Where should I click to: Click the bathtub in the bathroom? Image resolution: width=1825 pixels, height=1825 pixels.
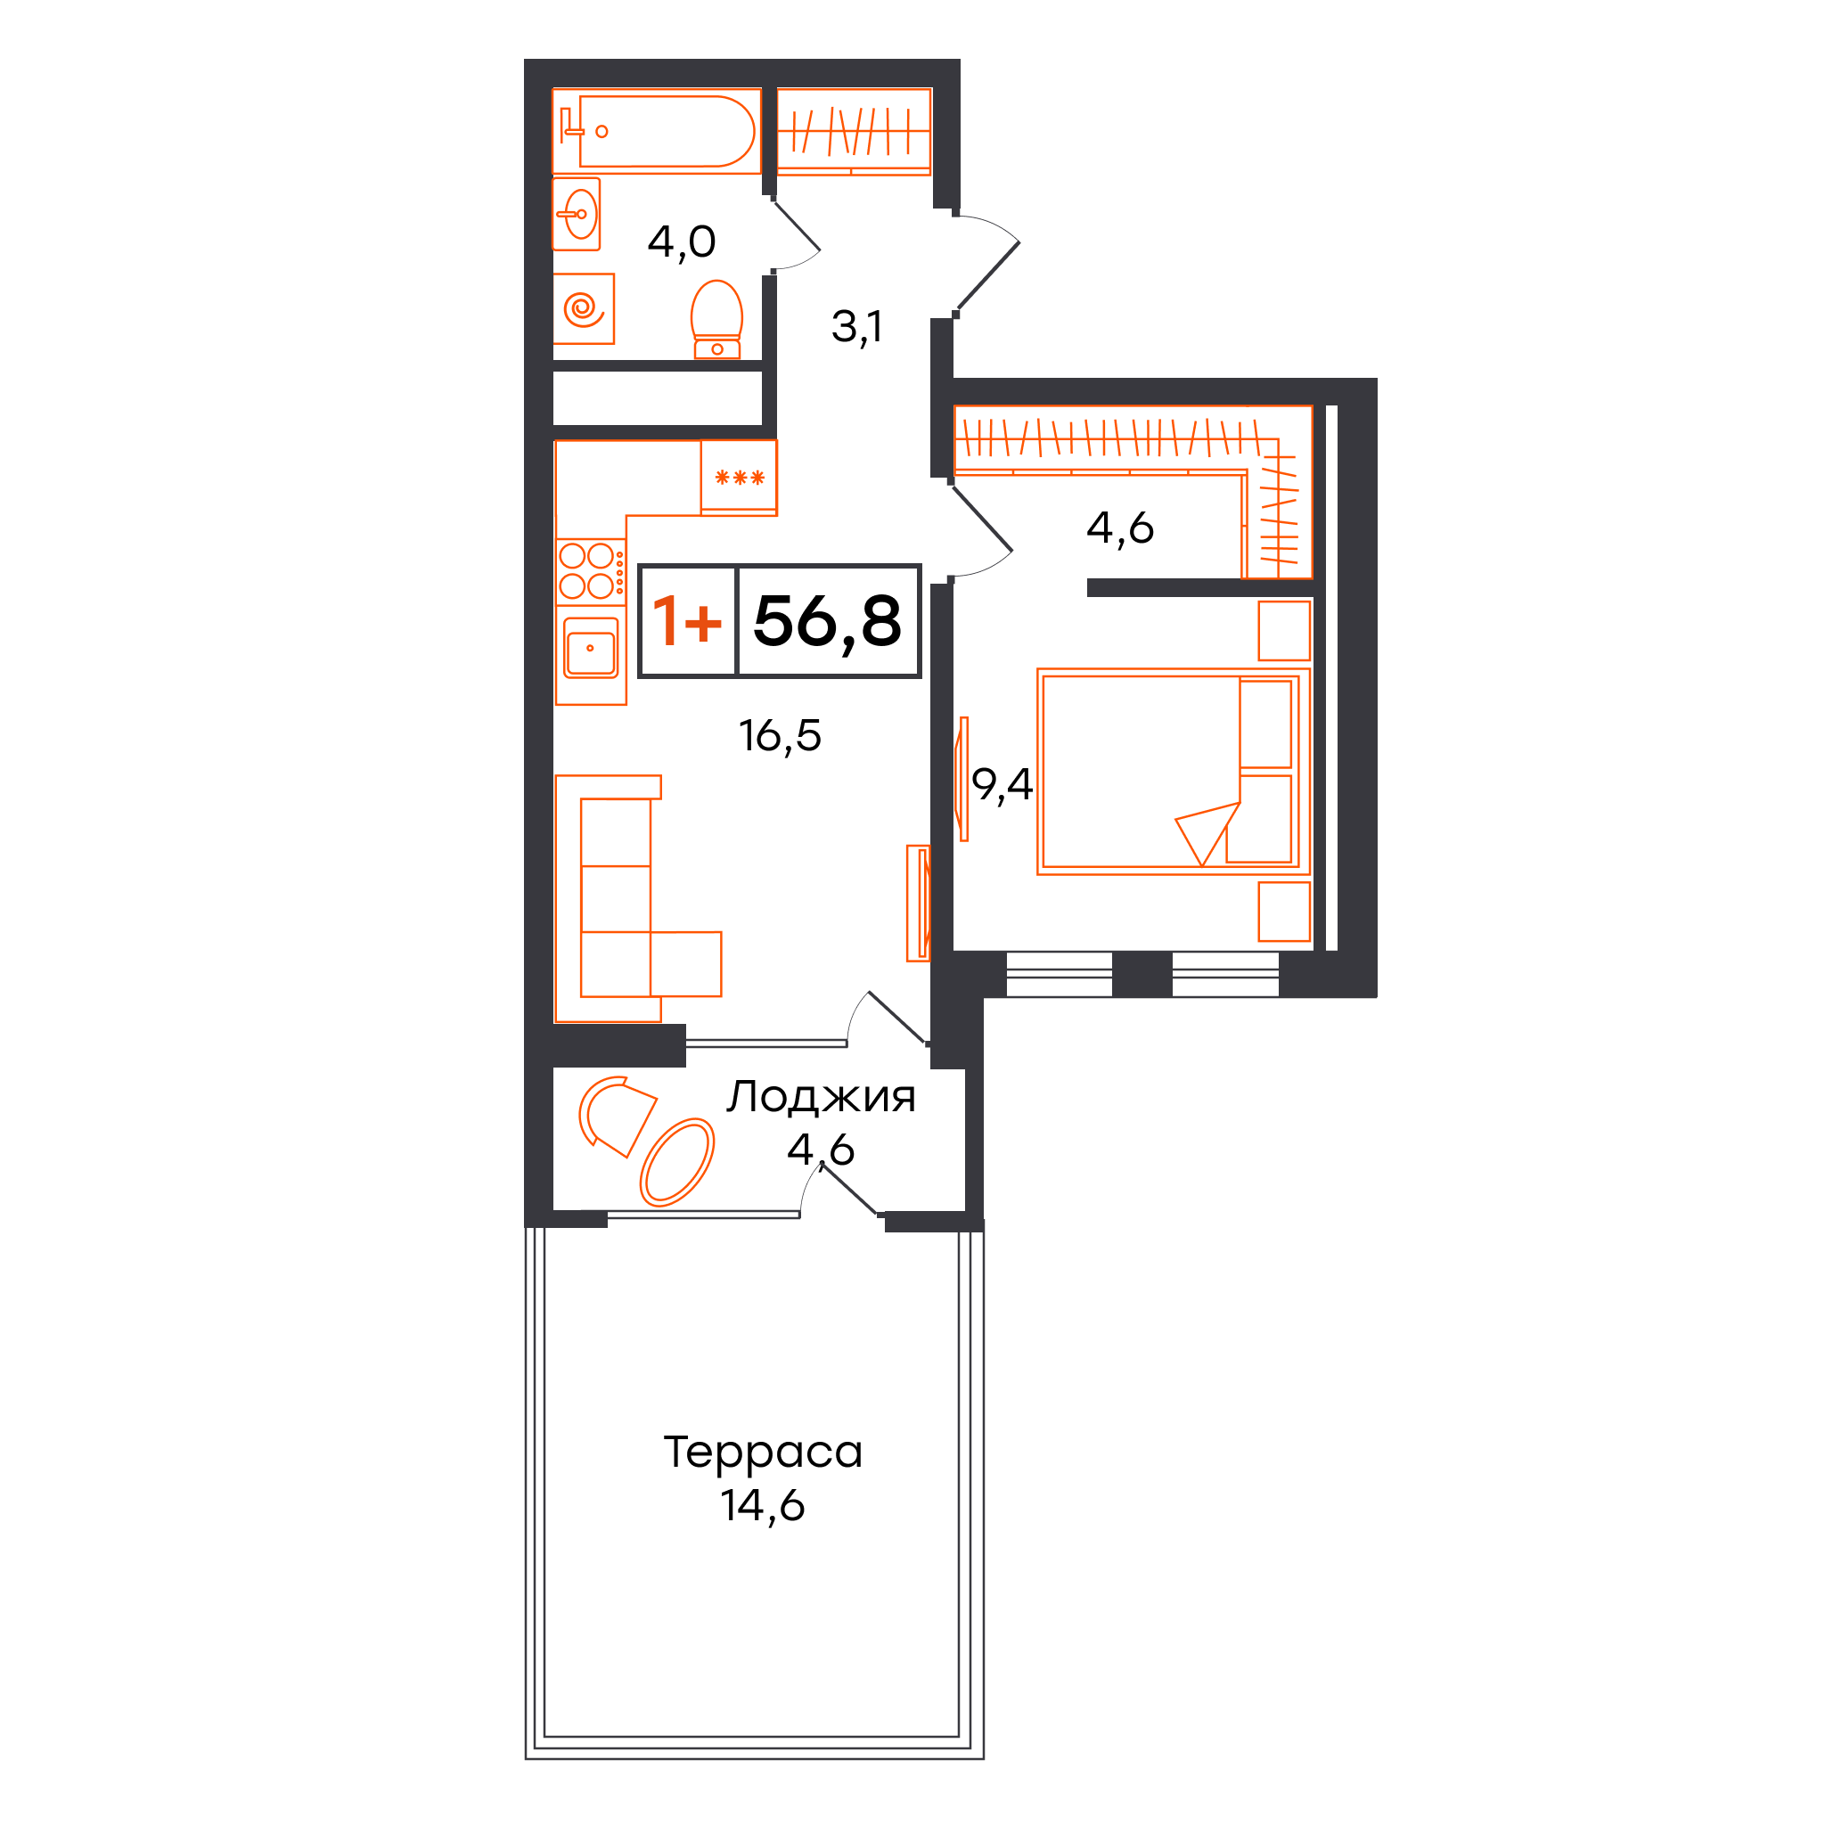[x=657, y=131]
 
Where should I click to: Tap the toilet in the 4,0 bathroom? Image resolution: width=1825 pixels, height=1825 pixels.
[x=717, y=319]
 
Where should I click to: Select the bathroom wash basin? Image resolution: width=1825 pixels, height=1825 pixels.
[x=577, y=215]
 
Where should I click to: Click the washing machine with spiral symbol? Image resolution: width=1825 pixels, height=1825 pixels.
[x=584, y=309]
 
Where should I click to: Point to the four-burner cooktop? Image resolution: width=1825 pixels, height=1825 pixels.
[x=591, y=571]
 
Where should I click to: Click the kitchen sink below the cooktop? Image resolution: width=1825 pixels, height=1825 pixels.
[x=592, y=648]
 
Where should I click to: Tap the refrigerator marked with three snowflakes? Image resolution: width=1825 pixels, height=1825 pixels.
[x=739, y=478]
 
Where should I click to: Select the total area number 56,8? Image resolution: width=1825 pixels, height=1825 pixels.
[x=827, y=622]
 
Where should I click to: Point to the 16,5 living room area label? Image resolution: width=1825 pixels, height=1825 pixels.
[x=780, y=736]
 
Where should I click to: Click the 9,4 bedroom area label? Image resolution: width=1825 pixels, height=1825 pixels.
[x=1002, y=784]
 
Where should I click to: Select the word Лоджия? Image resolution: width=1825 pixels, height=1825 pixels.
[x=821, y=1098]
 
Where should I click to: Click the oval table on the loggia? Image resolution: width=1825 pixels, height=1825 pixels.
[x=676, y=1163]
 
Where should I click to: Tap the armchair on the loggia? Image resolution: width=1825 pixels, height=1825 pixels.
[x=616, y=1116]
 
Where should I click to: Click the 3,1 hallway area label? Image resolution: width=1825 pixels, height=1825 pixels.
[x=855, y=327]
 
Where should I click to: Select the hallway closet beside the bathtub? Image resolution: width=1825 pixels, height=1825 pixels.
[x=854, y=131]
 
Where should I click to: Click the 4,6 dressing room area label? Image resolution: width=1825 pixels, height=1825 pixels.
[x=1119, y=528]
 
